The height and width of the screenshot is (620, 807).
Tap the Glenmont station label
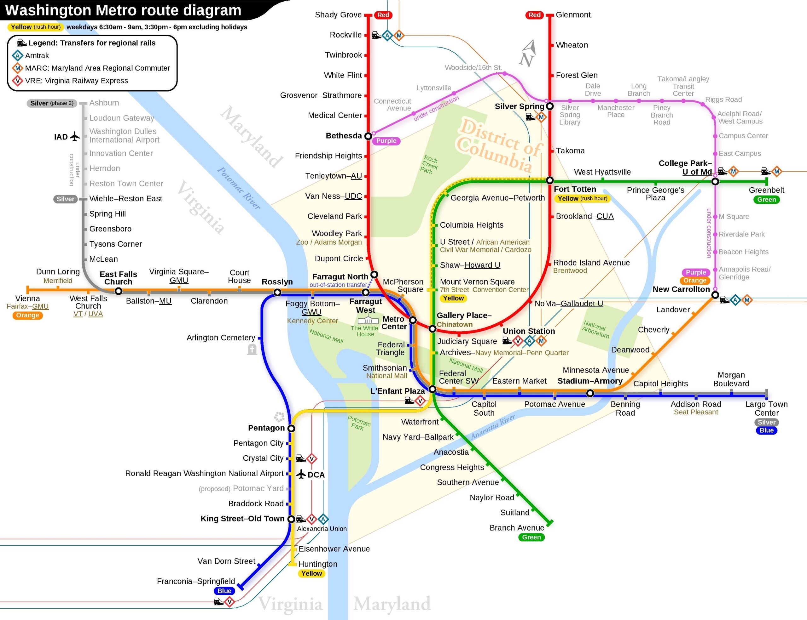[x=573, y=15]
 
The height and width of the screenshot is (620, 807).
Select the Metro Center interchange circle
[x=413, y=320]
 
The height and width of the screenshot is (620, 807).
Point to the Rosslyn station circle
[x=277, y=293]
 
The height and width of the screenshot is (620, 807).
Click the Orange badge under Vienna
[x=27, y=315]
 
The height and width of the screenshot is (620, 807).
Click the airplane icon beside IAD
[x=75, y=137]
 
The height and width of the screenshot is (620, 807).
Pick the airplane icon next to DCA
[x=301, y=474]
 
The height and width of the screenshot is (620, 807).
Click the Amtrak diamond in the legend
[x=17, y=56]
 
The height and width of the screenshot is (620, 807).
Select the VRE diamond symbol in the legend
[x=17, y=81]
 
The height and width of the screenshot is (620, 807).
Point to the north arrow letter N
[x=526, y=59]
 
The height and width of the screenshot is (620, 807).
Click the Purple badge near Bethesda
[x=386, y=141]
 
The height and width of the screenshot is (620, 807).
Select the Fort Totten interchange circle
[x=550, y=180]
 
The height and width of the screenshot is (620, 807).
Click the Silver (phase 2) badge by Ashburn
[x=51, y=103]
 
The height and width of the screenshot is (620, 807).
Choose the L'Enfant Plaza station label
[x=397, y=391]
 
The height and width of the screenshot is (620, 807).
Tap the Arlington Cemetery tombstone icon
[x=252, y=349]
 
